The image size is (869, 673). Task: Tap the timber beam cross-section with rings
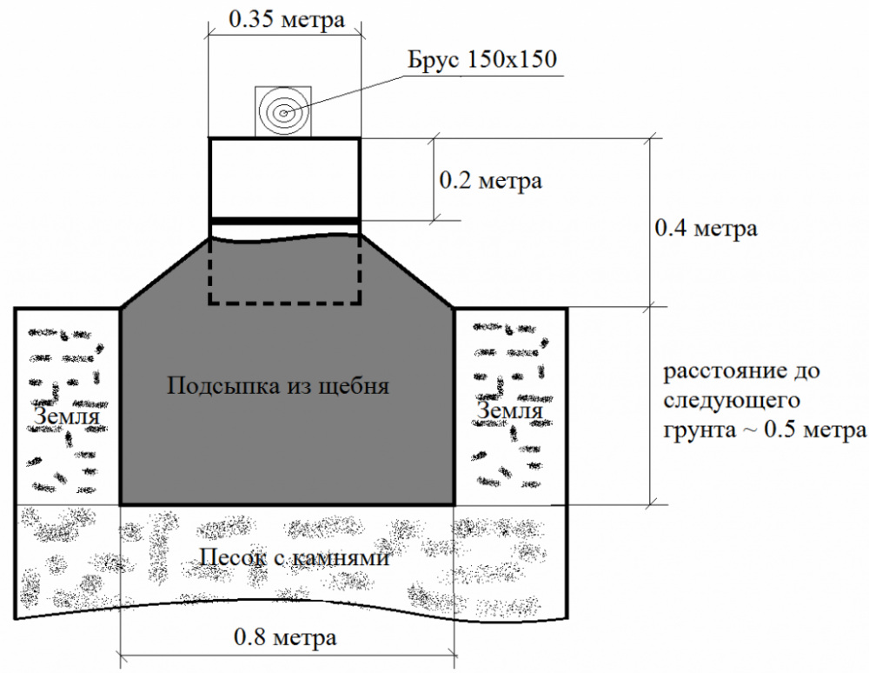(x=283, y=111)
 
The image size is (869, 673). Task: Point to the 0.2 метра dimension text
(x=491, y=181)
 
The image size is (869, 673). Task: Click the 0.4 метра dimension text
(x=706, y=228)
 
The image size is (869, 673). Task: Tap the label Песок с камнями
(x=293, y=556)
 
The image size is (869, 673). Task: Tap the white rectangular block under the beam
(x=284, y=177)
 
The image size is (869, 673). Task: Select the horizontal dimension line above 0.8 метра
(x=287, y=654)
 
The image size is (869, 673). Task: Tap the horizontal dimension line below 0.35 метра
(x=283, y=36)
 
